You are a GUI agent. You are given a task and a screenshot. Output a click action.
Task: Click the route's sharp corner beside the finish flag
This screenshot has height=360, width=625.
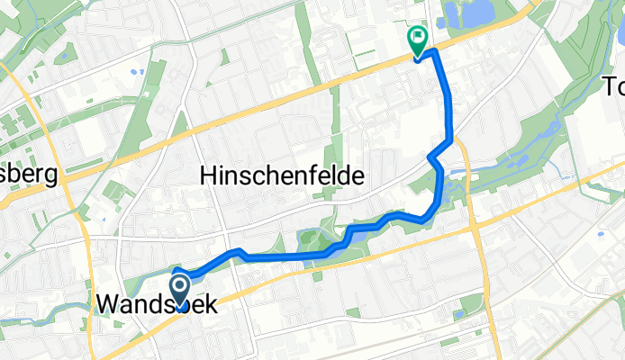click(435, 51)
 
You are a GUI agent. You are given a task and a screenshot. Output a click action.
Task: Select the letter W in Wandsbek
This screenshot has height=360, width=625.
click(106, 305)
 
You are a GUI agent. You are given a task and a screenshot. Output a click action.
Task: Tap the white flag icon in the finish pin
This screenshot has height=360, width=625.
click(418, 38)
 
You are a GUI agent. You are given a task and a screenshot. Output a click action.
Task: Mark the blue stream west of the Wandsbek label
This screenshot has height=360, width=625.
click(54, 310)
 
